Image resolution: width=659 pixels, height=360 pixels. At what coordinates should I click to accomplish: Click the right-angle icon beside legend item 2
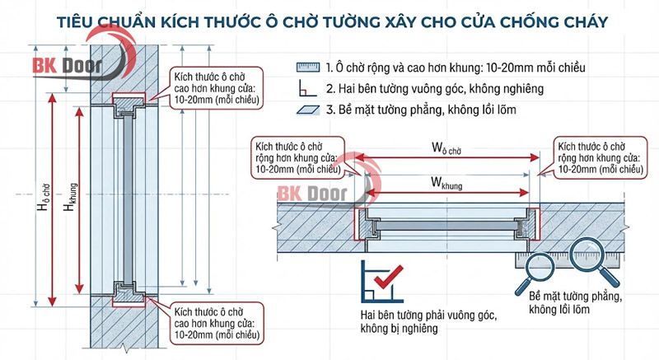point(307,87)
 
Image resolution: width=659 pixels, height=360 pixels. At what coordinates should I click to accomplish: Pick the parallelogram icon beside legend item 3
point(307,109)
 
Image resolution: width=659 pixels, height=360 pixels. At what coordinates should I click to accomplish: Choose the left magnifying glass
point(536,267)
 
